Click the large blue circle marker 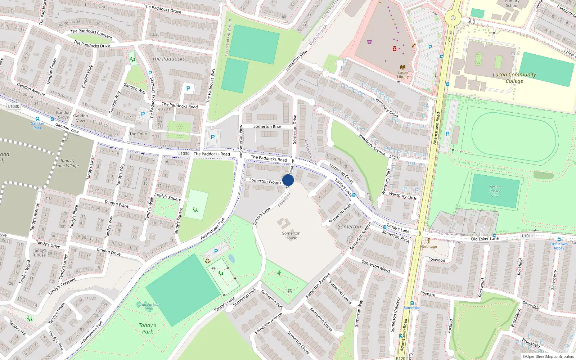pyautogui.click(x=288, y=180)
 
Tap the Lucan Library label pyautogui.click(x=403, y=75)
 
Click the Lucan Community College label pyautogui.click(x=514, y=78)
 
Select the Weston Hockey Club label pyautogui.click(x=495, y=191)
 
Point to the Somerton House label pyautogui.click(x=291, y=235)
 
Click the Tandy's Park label pyautogui.click(x=148, y=328)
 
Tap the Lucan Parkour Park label pyautogui.click(x=148, y=307)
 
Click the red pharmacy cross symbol pyautogui.click(x=395, y=49)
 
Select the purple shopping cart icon pyautogui.click(x=369, y=42)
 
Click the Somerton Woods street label pyautogui.click(x=265, y=181)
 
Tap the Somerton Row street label pyautogui.click(x=267, y=126)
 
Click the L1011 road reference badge pyautogui.click(x=527, y=236)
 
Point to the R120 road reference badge pyautogui.click(x=400, y=358)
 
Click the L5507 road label pyautogui.click(x=395, y=157)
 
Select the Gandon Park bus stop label pyautogui.click(x=37, y=125)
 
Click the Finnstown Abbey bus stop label pyautogui.click(x=559, y=246)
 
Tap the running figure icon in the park pyautogui.click(x=279, y=273)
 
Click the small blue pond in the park pyautogui.click(x=231, y=259)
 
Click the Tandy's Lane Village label pyautogui.click(x=67, y=163)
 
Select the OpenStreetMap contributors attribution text pyautogui.click(x=548, y=356)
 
